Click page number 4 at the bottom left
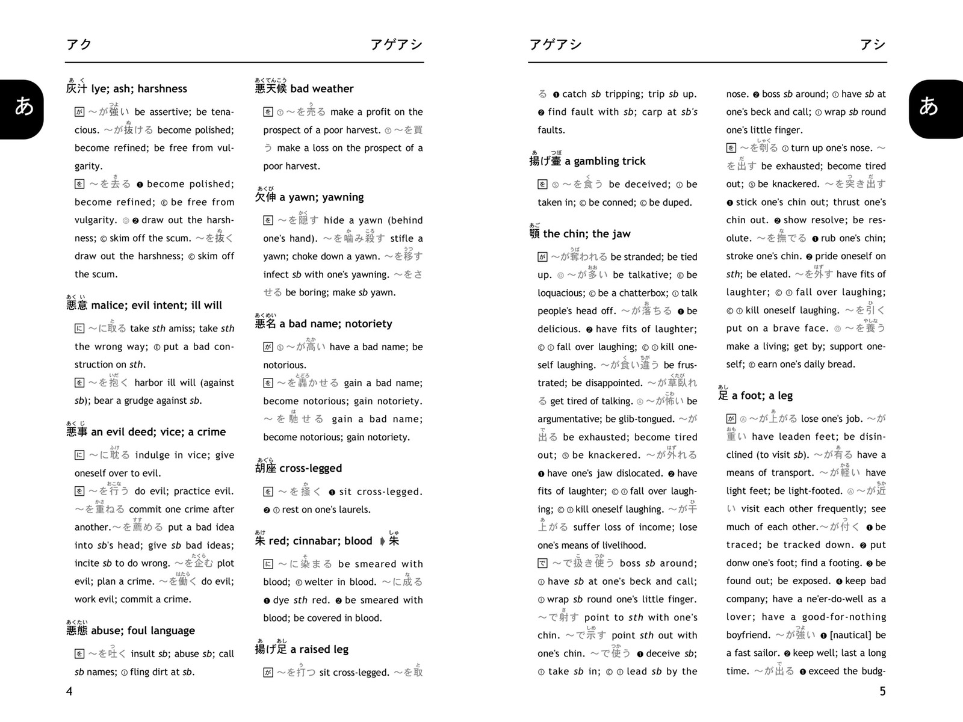[69, 691]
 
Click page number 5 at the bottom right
[883, 691]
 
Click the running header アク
[79, 45]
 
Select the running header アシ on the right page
[872, 45]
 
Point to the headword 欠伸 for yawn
[265, 197]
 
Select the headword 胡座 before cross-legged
[265, 469]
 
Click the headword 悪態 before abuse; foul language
[77, 631]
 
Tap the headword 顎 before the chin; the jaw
[534, 234]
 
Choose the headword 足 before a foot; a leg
[723, 396]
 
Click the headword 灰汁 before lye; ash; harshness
[77, 89]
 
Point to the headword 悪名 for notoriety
[265, 324]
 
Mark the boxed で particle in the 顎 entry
[542, 564]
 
